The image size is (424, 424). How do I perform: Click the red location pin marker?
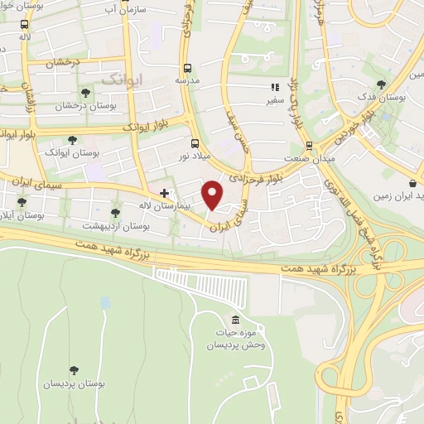(214, 194)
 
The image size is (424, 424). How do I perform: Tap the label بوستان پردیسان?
(75, 383)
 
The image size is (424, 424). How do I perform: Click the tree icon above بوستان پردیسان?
(75, 370)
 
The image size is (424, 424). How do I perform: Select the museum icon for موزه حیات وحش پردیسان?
(237, 320)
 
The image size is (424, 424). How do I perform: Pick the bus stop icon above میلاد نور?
(195, 142)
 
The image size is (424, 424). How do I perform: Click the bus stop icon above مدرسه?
(187, 68)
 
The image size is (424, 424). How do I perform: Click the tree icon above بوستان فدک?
(380, 84)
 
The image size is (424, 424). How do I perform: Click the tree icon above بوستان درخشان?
(86, 92)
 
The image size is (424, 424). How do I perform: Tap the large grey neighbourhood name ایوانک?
(118, 79)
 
